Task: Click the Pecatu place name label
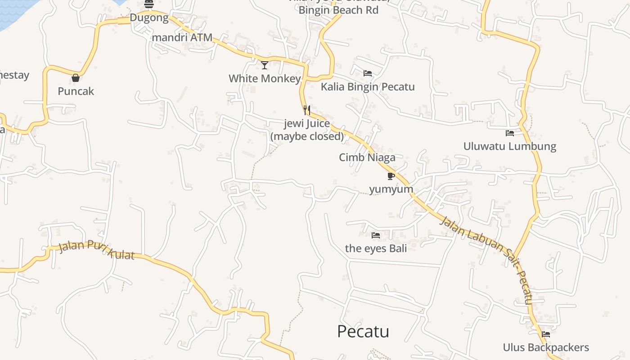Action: tap(363, 332)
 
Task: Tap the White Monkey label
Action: tap(265, 79)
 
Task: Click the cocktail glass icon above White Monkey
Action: tap(265, 65)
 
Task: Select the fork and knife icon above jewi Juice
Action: tap(307, 110)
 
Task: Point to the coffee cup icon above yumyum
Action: tap(391, 176)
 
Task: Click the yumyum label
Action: tap(391, 189)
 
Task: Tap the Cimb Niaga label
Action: tap(367, 157)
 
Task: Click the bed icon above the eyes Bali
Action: tap(376, 235)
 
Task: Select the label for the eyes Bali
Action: tap(376, 248)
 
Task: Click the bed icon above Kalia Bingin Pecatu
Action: tap(368, 73)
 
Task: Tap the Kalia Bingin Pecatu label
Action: tap(368, 87)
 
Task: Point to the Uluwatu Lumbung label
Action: tap(510, 147)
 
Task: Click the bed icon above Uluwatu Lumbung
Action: tap(510, 133)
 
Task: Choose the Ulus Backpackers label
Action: tap(546, 347)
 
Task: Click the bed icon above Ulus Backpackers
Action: tap(546, 334)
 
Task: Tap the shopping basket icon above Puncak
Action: tap(76, 78)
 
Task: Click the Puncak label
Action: tap(76, 91)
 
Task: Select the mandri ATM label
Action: tap(182, 38)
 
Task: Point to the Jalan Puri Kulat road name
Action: tap(96, 250)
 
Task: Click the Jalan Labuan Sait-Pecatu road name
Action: tap(486, 259)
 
